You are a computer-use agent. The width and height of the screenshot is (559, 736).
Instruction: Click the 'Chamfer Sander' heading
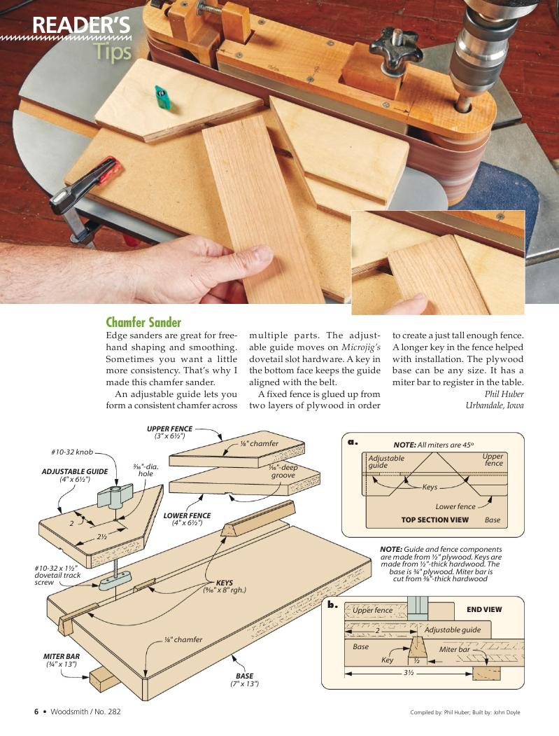pyautogui.click(x=143, y=322)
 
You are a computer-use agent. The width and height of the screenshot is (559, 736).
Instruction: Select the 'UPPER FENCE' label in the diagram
pyautogui.click(x=169, y=429)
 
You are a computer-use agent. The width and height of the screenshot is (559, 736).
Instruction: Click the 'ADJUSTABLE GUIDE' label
pyautogui.click(x=75, y=471)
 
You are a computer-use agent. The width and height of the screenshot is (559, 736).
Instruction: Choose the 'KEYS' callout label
pyautogui.click(x=224, y=582)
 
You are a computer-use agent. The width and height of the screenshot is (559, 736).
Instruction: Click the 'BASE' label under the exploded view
pyautogui.click(x=244, y=676)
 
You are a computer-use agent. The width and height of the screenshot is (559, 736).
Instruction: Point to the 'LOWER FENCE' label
pyautogui.click(x=187, y=515)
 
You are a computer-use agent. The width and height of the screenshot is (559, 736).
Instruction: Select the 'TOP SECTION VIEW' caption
pyautogui.click(x=434, y=520)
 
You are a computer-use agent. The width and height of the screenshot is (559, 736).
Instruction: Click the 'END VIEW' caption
pyautogui.click(x=484, y=609)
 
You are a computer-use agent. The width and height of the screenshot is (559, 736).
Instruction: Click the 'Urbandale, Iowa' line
pyautogui.click(x=494, y=405)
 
